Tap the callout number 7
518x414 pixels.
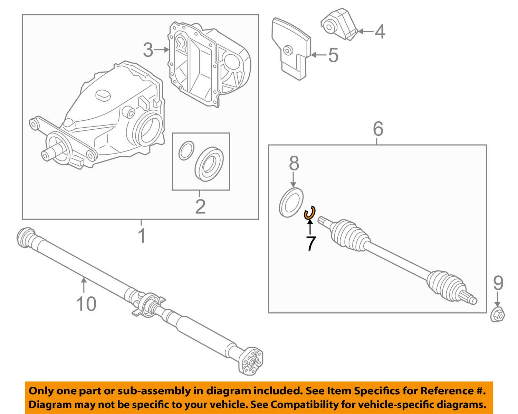click(310, 243)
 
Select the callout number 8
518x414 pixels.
click(294, 163)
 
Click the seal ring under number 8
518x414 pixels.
click(291, 202)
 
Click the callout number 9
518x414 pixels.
click(498, 283)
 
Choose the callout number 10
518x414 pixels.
click(86, 304)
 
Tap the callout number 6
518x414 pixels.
click(378, 129)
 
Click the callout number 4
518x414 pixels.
click(380, 32)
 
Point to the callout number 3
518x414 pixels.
click(148, 50)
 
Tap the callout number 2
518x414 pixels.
click(200, 206)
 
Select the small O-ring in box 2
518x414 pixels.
click(185, 150)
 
